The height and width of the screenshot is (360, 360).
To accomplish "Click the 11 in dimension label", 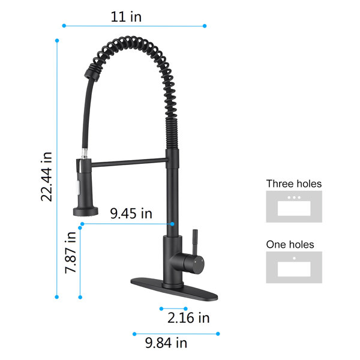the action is [x=126, y=17].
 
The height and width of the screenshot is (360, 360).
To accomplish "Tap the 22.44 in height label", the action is [x=47, y=176].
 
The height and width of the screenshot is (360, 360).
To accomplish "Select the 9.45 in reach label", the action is [x=131, y=213].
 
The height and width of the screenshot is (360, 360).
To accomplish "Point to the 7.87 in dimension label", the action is [x=70, y=253].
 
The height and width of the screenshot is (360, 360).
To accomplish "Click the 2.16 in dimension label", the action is [x=188, y=318].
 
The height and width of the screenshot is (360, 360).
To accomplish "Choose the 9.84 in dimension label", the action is [x=166, y=343].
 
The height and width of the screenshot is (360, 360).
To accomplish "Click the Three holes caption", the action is [x=294, y=184].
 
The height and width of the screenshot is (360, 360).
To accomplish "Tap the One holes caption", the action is [x=290, y=245].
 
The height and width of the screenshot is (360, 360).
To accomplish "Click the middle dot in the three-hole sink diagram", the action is [x=294, y=197].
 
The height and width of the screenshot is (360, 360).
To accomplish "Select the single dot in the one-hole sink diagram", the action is [x=294, y=258].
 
